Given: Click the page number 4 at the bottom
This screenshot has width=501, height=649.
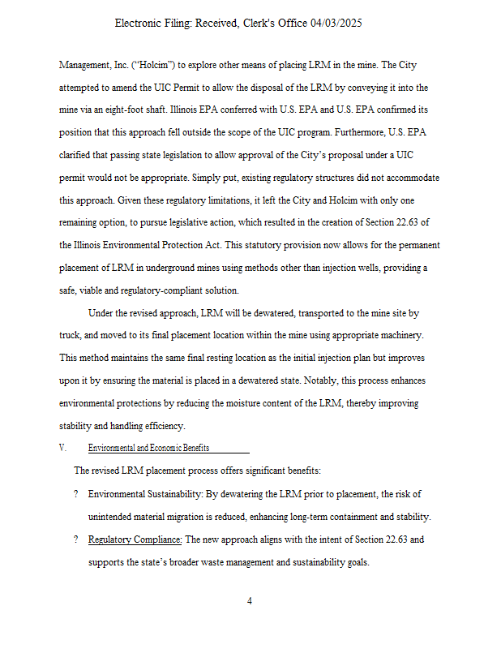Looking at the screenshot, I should [250, 601].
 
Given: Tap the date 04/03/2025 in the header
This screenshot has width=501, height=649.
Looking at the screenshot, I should [336, 24].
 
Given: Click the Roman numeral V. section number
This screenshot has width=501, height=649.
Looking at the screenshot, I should [63, 448].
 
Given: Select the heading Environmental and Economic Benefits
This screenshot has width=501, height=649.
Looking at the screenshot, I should [148, 448].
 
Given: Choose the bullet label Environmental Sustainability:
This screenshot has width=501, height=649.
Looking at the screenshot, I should [144, 493].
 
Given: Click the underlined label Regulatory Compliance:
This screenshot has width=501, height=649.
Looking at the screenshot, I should [135, 539].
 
